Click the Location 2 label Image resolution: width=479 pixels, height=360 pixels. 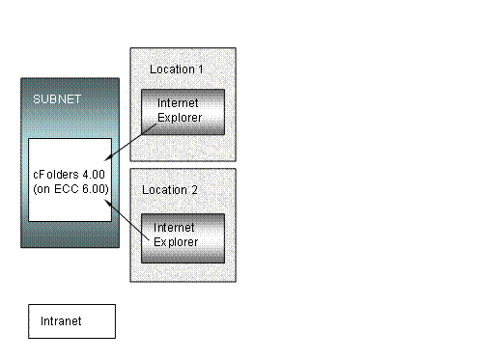tap(170, 190)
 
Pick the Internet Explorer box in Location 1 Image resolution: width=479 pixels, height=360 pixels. tap(183, 112)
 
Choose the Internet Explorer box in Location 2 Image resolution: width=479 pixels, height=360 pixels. tap(183, 235)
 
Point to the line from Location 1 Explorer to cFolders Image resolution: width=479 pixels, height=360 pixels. tap(129, 142)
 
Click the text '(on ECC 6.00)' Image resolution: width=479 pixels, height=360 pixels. tap(70, 188)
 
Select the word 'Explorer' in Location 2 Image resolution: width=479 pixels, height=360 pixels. tap(177, 241)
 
